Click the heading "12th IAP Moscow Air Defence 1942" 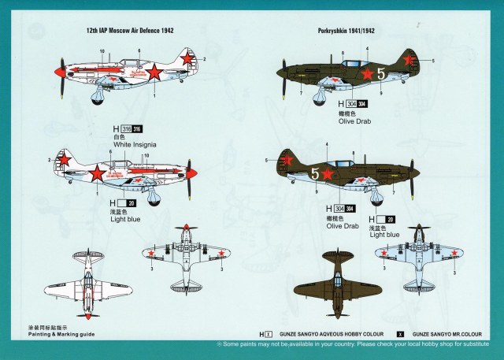(129, 31)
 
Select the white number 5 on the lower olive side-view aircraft (316, 173)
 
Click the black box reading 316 (138, 129)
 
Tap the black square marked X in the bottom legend (401, 335)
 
